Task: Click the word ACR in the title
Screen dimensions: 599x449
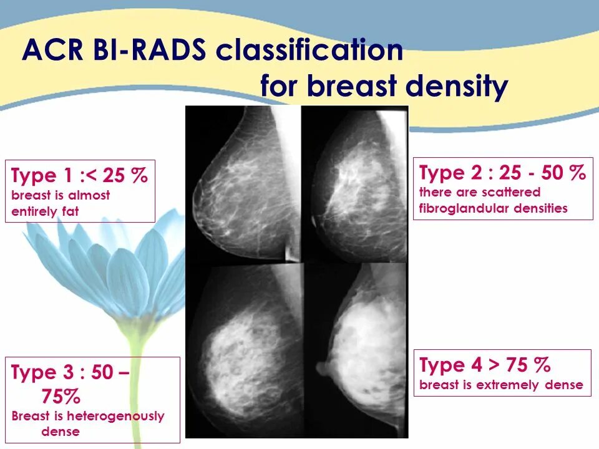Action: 52,50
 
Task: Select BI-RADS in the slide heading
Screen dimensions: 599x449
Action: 149,50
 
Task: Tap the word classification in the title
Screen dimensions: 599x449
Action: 309,50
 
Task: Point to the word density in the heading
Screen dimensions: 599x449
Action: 457,86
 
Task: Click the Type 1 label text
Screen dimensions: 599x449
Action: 42,176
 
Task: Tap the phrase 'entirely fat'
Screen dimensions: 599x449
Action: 45,211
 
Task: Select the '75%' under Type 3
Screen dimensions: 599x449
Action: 61,396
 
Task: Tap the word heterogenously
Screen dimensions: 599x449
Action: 116,416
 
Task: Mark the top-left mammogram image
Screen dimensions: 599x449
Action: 243,184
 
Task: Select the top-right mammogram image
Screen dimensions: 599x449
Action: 355,184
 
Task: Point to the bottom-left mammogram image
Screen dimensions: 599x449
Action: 245,350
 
